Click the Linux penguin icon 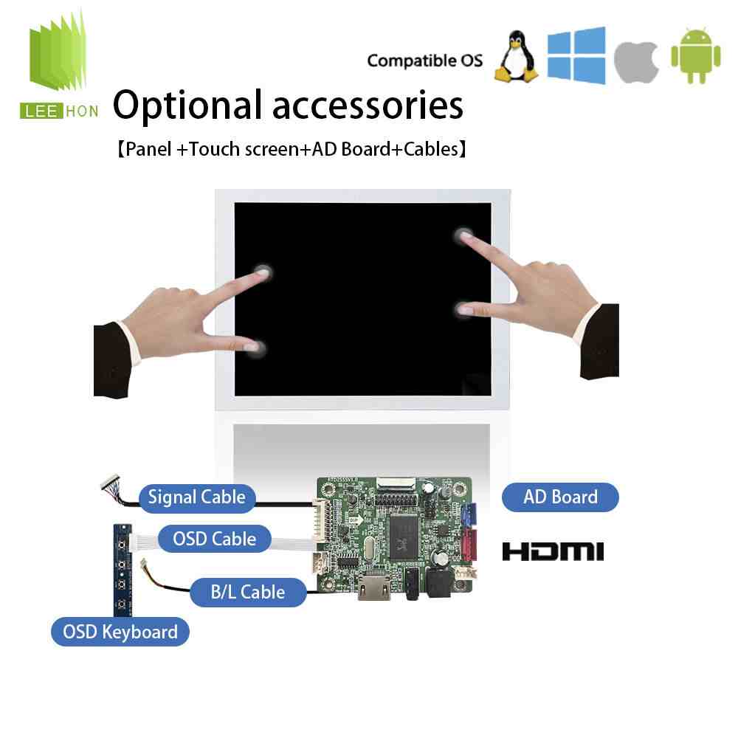(x=517, y=57)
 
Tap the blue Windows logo (x=576, y=55)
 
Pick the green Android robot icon (x=696, y=56)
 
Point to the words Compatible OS (x=425, y=61)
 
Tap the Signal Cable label (x=197, y=497)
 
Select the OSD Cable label (x=215, y=539)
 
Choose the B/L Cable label (x=248, y=592)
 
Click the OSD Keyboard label (x=120, y=632)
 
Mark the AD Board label (x=560, y=497)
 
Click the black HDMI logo (x=553, y=551)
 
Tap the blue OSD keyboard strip (x=123, y=570)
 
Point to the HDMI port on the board (x=374, y=587)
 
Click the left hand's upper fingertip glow (x=263, y=272)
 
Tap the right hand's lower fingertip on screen (x=463, y=309)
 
